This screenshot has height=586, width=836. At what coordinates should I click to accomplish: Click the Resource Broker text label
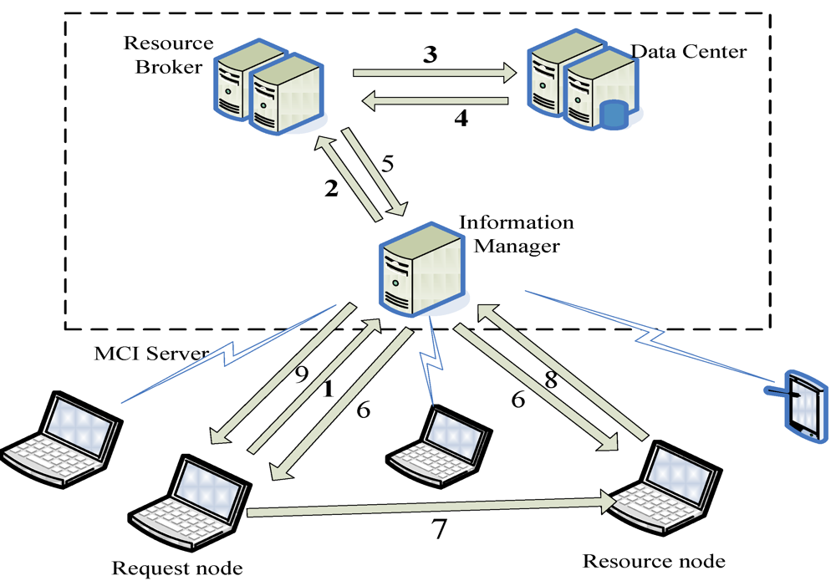pyautogui.click(x=168, y=54)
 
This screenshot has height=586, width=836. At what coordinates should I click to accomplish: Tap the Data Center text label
pyautogui.click(x=688, y=52)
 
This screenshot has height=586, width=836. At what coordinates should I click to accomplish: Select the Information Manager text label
pyautogui.click(x=517, y=234)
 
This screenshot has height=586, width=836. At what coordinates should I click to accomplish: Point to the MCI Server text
pyautogui.click(x=151, y=354)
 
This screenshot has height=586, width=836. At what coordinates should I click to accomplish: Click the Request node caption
pyautogui.click(x=177, y=568)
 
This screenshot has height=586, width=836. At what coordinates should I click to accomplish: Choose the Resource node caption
pyautogui.click(x=654, y=560)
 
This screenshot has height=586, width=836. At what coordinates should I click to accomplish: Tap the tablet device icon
pyautogui.click(x=798, y=405)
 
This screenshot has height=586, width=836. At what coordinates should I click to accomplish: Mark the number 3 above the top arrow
pyautogui.click(x=431, y=55)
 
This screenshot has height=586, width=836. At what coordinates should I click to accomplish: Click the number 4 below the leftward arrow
pyautogui.click(x=461, y=119)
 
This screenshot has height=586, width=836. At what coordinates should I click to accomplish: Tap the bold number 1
pyautogui.click(x=328, y=389)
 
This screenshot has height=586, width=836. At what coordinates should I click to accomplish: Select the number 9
pyautogui.click(x=303, y=375)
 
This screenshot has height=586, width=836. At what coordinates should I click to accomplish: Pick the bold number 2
pyautogui.click(x=332, y=189)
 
